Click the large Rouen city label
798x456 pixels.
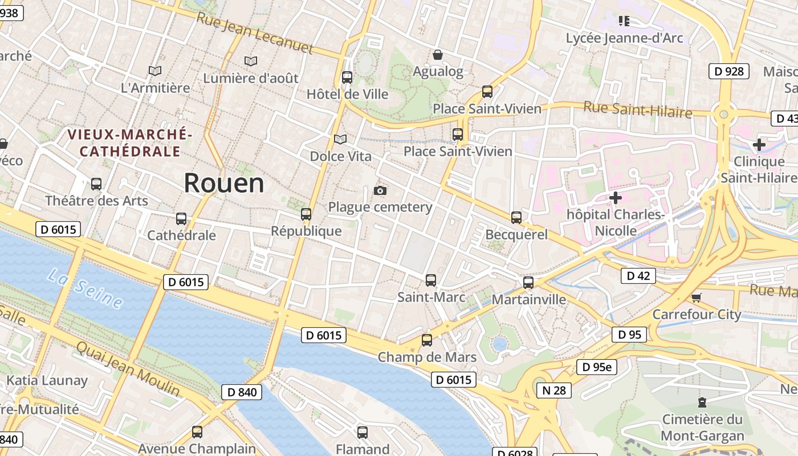point(224,183)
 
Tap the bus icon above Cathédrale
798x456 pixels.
point(181,219)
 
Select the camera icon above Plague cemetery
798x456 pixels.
point(380,190)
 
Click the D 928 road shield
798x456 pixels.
point(728,71)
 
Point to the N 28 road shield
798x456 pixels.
point(553,390)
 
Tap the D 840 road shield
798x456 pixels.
point(242,392)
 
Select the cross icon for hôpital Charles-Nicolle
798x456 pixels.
point(615,198)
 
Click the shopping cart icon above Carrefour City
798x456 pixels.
point(696,298)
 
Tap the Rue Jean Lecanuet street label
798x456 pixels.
point(255,34)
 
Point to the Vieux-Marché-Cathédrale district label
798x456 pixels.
point(130,143)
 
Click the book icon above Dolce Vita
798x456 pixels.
point(340,139)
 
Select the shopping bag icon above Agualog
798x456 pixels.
point(438,55)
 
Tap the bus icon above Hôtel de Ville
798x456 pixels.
point(347,78)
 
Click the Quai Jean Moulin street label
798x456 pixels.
point(128,369)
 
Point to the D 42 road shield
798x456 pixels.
point(638,276)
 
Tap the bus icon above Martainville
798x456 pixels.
point(528,283)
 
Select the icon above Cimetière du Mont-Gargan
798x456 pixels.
point(702,402)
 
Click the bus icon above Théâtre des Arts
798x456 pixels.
point(96,184)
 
